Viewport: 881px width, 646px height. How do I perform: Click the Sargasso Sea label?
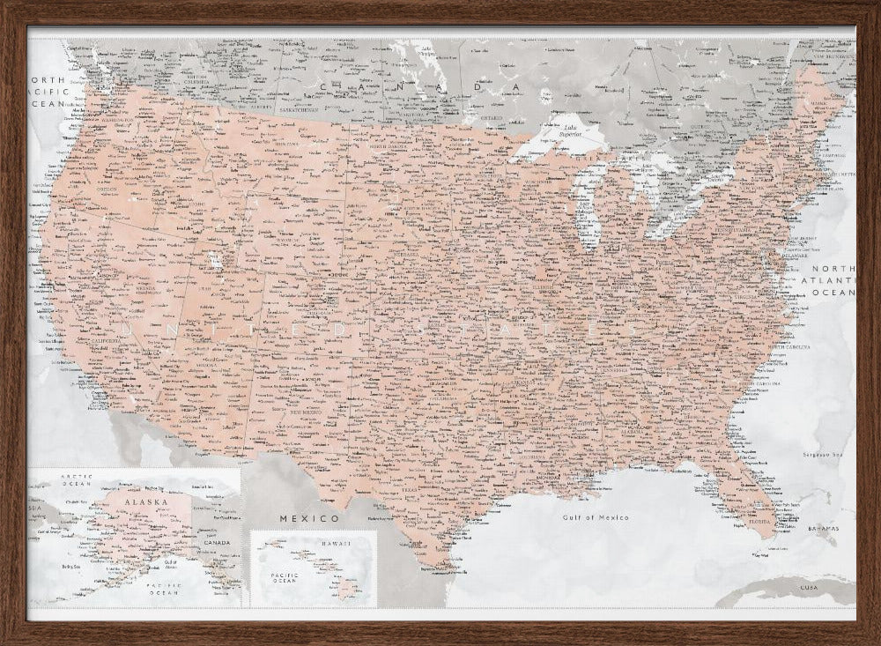point(823,455)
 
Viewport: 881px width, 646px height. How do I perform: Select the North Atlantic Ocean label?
point(833,279)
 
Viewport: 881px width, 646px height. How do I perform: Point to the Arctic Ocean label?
point(76,479)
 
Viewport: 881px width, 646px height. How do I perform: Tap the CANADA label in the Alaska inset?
point(216,543)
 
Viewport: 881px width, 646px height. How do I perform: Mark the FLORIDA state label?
point(759,520)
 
